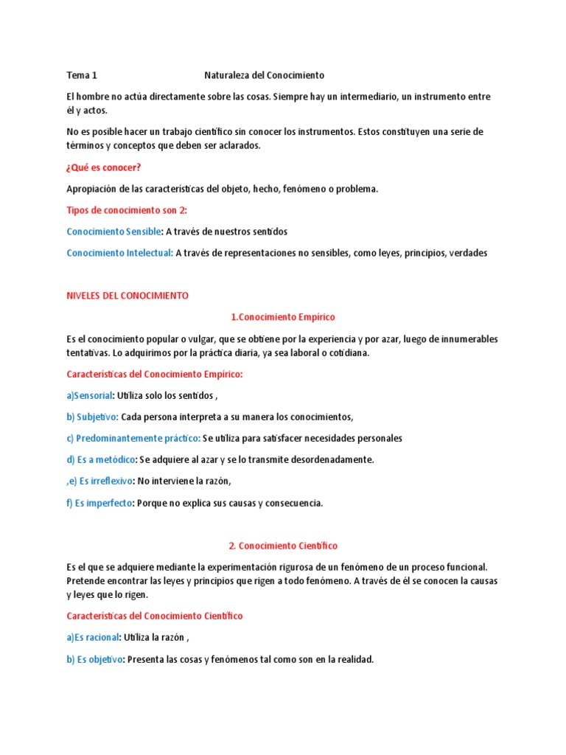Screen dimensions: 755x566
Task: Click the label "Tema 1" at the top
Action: click(81, 75)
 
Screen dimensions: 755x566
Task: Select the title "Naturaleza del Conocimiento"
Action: click(264, 75)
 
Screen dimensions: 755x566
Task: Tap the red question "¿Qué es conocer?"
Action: click(103, 167)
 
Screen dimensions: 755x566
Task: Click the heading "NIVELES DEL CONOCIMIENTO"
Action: click(127, 296)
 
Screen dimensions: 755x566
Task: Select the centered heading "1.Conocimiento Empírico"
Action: click(282, 317)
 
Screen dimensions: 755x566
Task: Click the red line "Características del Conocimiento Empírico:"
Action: click(154, 375)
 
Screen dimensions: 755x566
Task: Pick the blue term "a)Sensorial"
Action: click(89, 396)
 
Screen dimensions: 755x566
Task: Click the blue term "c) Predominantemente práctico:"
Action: click(133, 439)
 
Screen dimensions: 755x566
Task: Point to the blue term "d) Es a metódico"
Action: click(101, 460)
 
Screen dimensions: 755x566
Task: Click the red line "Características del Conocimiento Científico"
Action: click(154, 616)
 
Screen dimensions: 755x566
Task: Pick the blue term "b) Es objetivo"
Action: click(94, 660)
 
